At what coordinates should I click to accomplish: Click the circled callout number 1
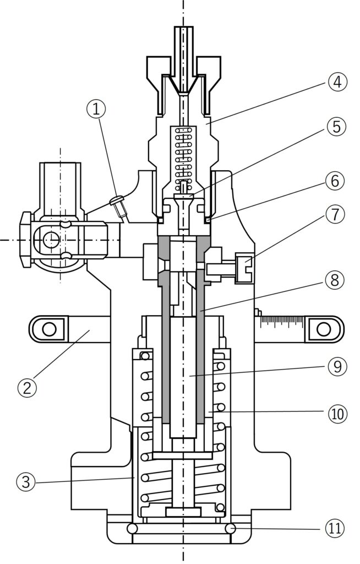(x=96, y=110)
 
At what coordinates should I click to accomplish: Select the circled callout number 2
(x=28, y=387)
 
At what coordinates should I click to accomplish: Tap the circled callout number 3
(x=26, y=481)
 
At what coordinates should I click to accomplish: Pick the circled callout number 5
(x=336, y=127)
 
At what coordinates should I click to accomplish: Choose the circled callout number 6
(x=335, y=181)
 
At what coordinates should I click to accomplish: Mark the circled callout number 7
(x=335, y=215)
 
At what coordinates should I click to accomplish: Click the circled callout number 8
(x=335, y=279)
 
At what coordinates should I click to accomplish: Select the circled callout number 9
(x=337, y=366)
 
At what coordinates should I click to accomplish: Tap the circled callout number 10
(x=337, y=414)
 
